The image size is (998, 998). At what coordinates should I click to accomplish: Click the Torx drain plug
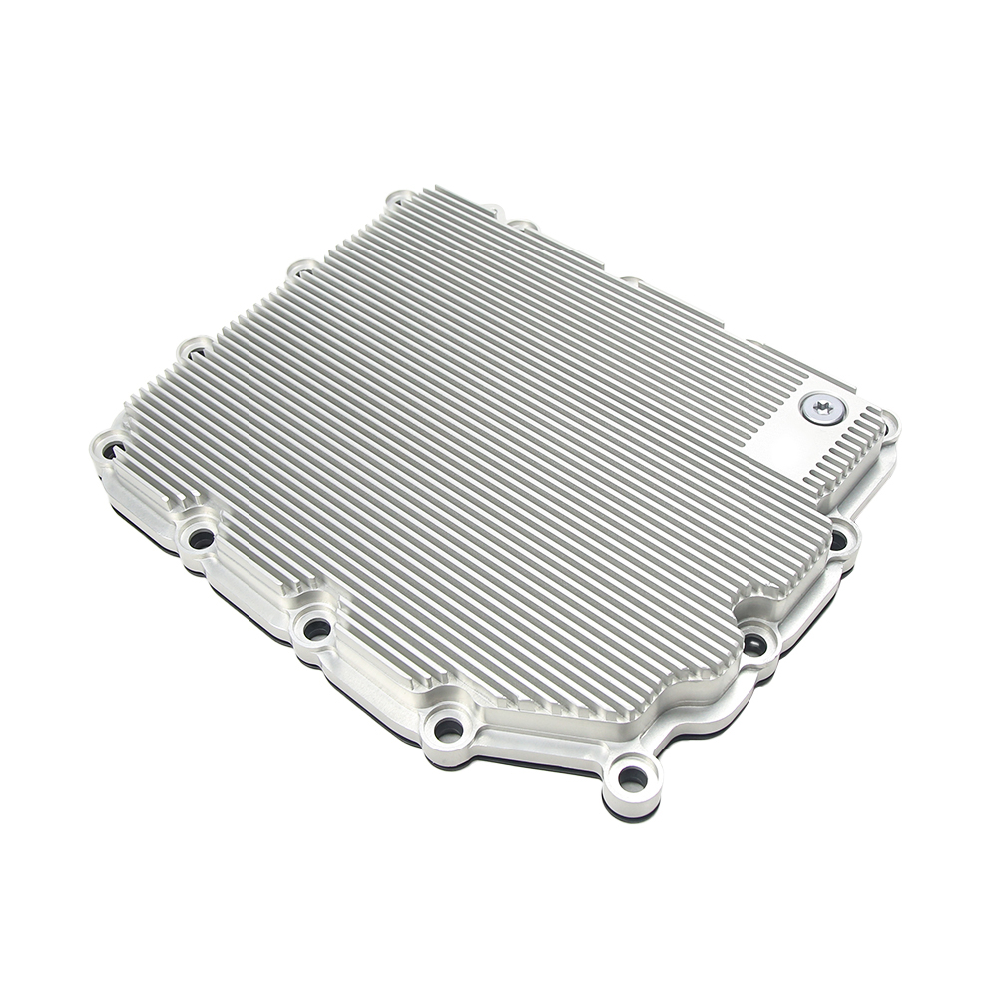[x=821, y=408]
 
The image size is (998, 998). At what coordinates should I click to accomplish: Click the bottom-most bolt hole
[x=632, y=776]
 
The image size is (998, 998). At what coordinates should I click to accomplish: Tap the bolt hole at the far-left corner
[x=110, y=451]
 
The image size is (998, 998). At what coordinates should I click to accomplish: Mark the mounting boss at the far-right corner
[x=888, y=425]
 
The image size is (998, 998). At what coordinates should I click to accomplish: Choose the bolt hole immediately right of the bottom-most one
[x=755, y=645]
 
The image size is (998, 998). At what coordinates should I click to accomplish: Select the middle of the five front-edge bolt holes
[x=316, y=628]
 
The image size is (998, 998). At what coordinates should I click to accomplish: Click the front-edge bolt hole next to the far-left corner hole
[x=201, y=540]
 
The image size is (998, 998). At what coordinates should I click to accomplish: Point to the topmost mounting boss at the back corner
[x=400, y=199]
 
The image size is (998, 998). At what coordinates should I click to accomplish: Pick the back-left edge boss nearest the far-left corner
[x=195, y=349]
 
